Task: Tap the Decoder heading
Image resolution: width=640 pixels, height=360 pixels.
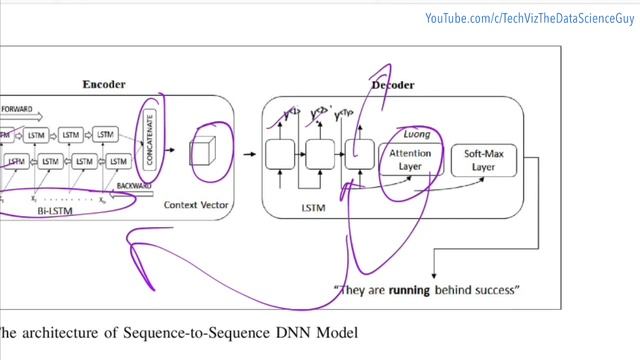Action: tap(393, 85)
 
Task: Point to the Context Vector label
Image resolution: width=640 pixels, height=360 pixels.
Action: tap(197, 204)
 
